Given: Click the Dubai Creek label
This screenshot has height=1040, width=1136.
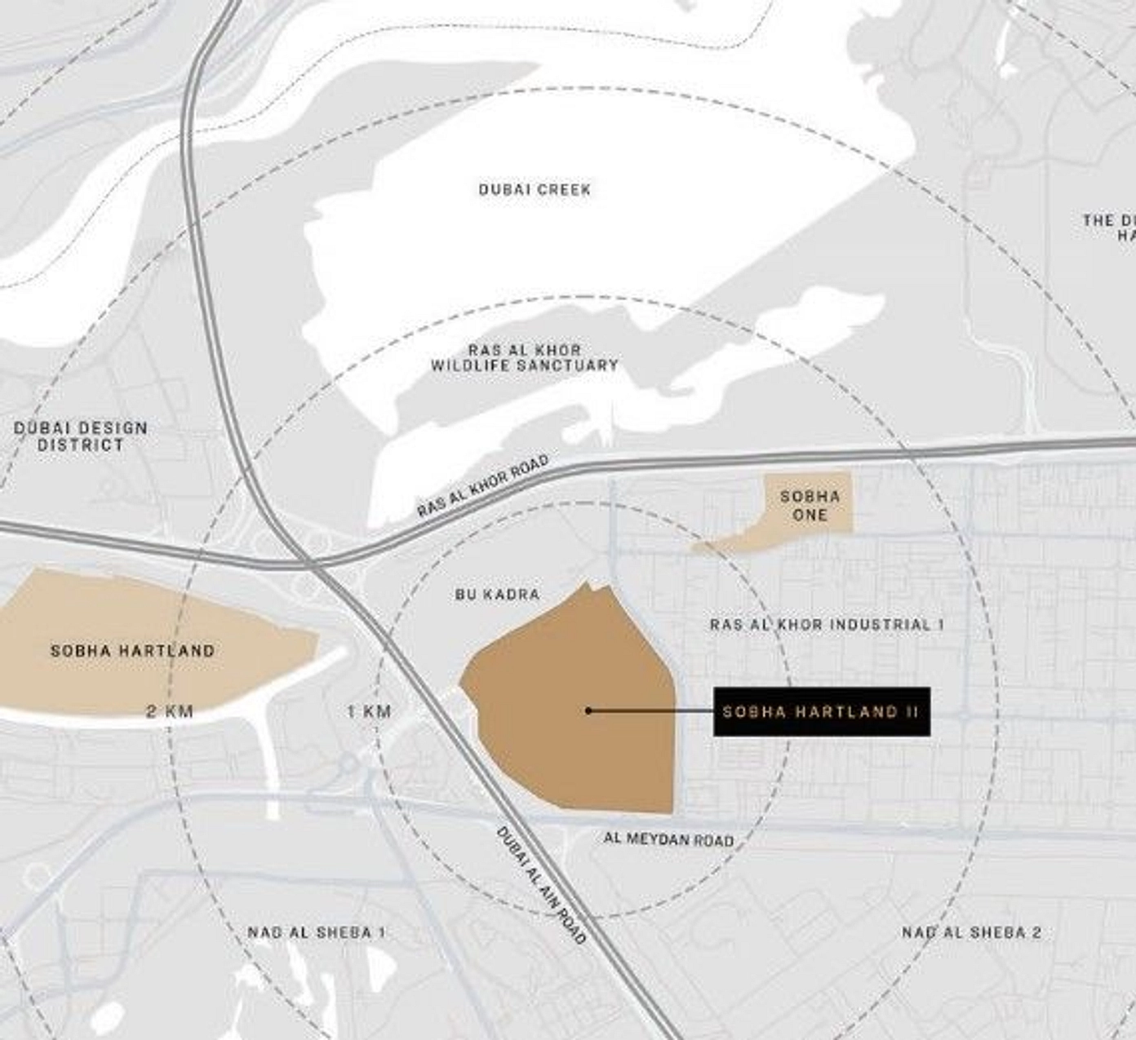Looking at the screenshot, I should [535, 189].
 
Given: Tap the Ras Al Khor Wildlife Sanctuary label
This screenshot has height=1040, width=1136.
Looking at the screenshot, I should [525, 357].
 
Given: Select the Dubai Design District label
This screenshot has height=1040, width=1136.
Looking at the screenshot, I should [81, 436].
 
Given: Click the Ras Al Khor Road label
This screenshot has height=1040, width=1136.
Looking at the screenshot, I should [483, 487].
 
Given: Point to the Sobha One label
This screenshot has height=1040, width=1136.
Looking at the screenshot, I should [810, 506].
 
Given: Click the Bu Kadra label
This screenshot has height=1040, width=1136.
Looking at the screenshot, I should [498, 595].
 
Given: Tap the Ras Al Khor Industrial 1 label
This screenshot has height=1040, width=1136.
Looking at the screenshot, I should [827, 625].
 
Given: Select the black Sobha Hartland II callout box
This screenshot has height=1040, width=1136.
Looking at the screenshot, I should [821, 712].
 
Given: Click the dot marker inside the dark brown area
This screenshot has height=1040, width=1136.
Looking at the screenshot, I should [588, 710].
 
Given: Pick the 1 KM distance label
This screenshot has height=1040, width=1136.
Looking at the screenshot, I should [369, 711].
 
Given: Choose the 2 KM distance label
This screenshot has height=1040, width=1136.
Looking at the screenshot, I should [170, 711].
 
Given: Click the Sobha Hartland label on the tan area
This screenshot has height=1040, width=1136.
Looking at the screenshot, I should [133, 651].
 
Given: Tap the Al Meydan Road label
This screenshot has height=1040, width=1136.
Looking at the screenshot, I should [668, 839].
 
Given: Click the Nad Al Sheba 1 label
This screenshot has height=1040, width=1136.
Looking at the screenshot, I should [317, 932].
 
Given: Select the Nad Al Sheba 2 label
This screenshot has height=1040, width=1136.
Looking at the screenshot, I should [971, 932].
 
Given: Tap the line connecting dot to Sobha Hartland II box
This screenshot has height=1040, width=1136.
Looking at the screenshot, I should [653, 711].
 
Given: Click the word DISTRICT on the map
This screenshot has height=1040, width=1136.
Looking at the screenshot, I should [81, 445].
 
